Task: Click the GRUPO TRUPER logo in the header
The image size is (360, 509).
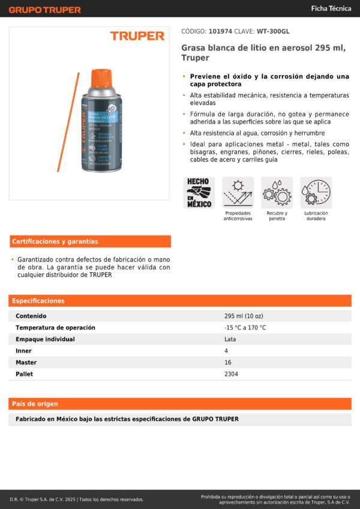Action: [x=45, y=10]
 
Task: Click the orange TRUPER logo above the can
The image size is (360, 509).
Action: [x=137, y=36]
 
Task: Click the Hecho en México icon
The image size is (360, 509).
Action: [x=199, y=192]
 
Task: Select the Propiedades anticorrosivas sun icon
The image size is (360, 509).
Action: [x=238, y=192]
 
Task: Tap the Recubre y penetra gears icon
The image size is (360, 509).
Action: [x=277, y=192]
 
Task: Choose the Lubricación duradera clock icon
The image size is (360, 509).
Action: [x=316, y=192]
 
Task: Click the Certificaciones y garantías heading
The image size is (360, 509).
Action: [x=55, y=242]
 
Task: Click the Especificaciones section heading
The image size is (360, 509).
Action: [x=38, y=301]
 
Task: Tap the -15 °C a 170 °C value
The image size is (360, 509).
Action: [x=245, y=328]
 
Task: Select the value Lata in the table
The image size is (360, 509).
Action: [x=230, y=339]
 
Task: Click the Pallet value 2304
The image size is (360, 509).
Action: [x=231, y=374]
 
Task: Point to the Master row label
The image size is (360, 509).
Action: [x=26, y=363]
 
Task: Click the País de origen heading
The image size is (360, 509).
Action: [x=35, y=404]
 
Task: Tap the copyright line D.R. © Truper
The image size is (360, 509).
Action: [x=76, y=499]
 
